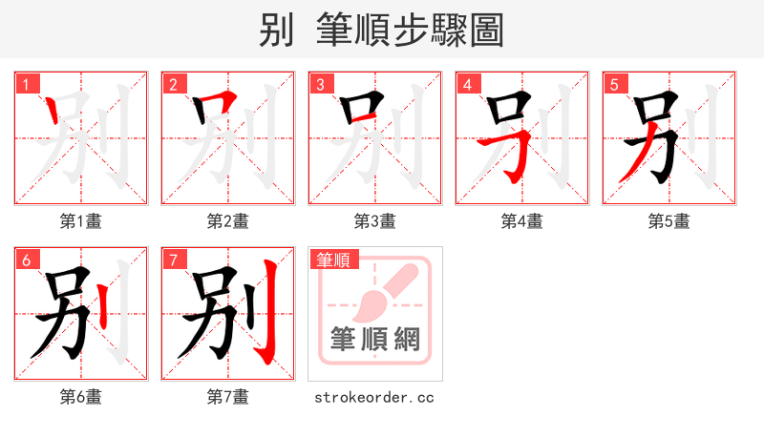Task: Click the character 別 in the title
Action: click(275, 30)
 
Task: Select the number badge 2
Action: click(174, 84)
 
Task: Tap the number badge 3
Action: click(321, 84)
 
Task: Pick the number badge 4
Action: click(468, 84)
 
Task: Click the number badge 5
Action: click(615, 84)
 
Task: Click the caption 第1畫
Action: click(81, 221)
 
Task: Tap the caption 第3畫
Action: click(374, 221)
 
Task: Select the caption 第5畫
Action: click(668, 221)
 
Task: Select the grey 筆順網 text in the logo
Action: click(374, 339)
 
